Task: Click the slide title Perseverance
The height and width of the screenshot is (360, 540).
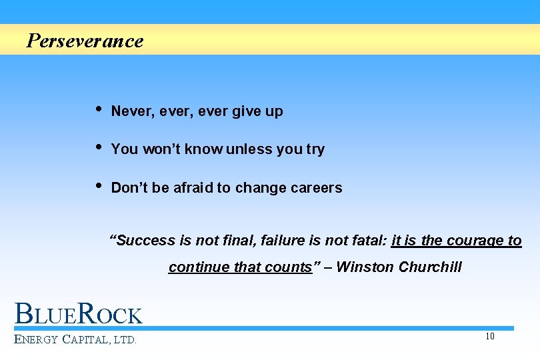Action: click(x=85, y=41)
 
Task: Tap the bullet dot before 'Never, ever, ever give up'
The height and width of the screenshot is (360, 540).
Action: click(x=99, y=109)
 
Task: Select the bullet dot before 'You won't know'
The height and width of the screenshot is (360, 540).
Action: click(x=99, y=147)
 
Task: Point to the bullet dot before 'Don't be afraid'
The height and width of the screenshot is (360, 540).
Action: click(x=99, y=185)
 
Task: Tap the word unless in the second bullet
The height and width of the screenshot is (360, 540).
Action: click(x=249, y=149)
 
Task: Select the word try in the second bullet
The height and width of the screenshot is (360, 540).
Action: click(x=315, y=150)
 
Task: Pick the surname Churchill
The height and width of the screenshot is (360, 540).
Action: click(x=430, y=267)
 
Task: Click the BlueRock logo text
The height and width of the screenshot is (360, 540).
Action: click(x=79, y=314)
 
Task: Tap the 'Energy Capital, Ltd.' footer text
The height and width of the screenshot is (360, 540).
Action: click(x=75, y=339)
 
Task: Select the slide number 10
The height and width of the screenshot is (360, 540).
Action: click(x=490, y=336)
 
